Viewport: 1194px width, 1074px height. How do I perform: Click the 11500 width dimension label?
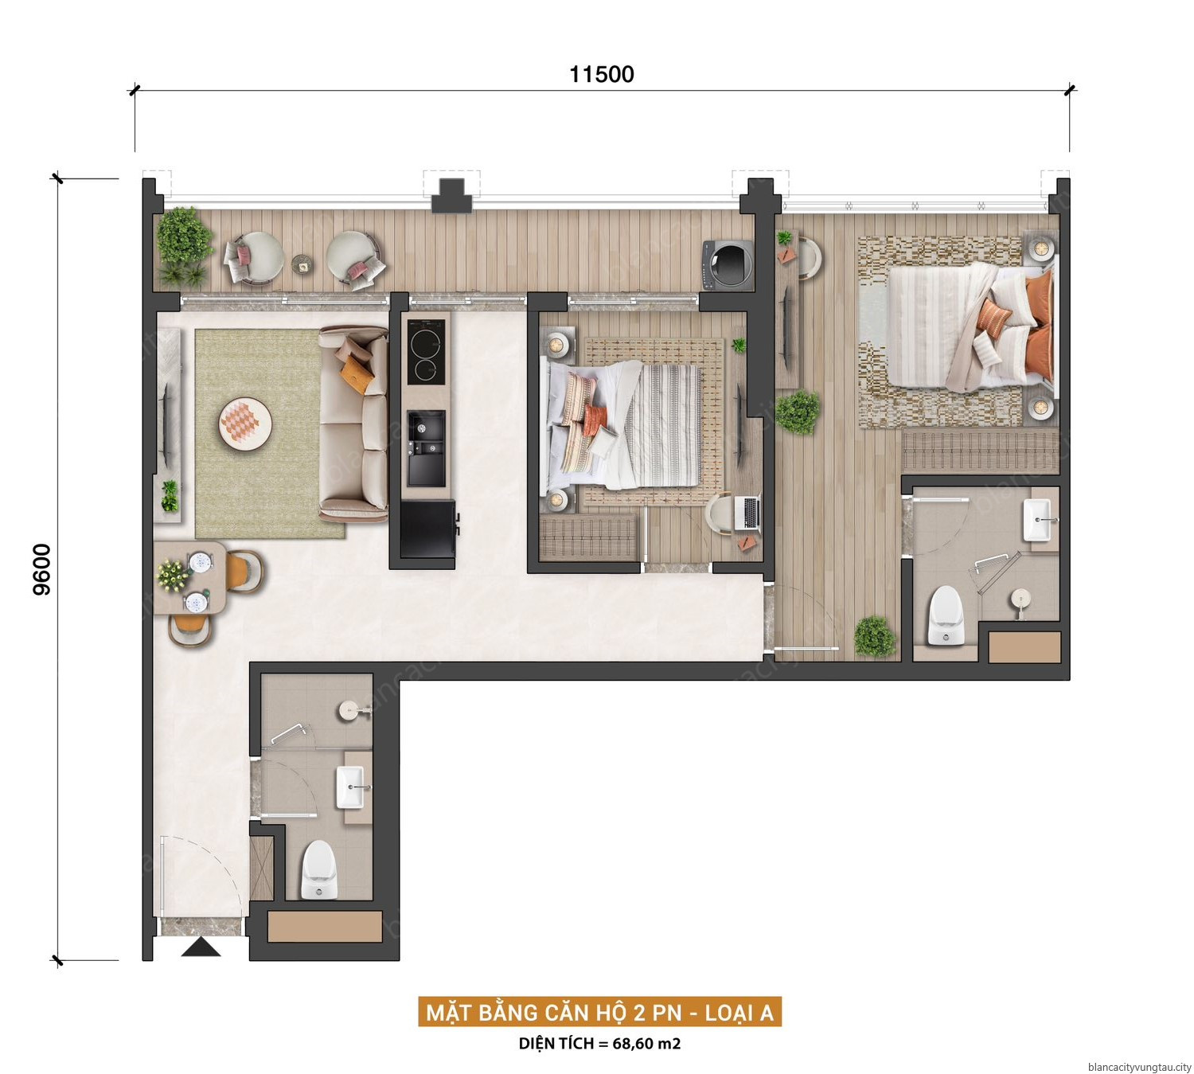601,74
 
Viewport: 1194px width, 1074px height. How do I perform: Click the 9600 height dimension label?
42,569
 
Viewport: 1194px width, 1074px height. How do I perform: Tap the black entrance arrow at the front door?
201,947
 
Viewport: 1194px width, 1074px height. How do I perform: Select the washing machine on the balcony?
728,265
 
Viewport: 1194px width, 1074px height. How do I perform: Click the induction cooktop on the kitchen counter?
426,352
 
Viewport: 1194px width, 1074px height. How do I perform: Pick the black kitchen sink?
426,448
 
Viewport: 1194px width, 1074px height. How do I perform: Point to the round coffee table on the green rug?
245,424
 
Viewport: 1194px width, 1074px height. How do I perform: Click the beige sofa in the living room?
353,424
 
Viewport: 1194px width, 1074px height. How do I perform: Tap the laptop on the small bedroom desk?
748,513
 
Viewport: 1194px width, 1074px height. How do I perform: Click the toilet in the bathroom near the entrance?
319,869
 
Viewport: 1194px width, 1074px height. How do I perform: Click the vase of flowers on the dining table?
172,575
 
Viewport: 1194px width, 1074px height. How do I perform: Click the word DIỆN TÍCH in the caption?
556,1043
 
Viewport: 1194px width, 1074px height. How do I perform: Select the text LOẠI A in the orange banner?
739,1013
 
